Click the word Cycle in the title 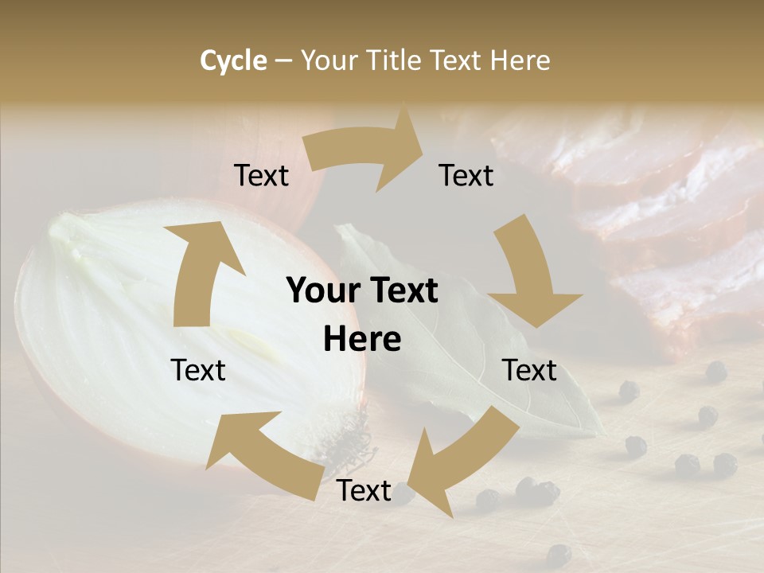tap(233, 60)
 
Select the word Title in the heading tap(393, 60)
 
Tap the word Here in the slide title tap(519, 60)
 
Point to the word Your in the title tap(329, 60)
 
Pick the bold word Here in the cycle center tap(362, 339)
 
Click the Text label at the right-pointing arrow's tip tap(466, 175)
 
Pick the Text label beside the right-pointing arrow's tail tap(261, 175)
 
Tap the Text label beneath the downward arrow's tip tap(530, 370)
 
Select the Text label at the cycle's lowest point tap(364, 491)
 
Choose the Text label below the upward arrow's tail tap(198, 370)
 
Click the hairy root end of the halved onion tap(350, 446)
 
